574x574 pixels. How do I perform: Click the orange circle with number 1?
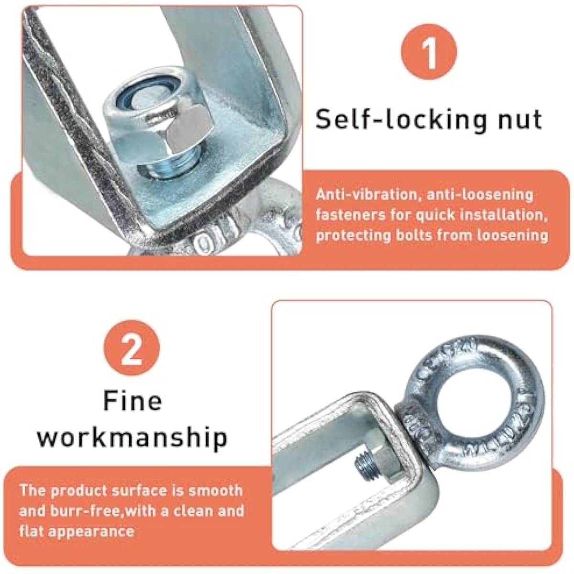click(x=429, y=52)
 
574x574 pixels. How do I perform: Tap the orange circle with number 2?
click(x=132, y=348)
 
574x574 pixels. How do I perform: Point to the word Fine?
click(x=132, y=401)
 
